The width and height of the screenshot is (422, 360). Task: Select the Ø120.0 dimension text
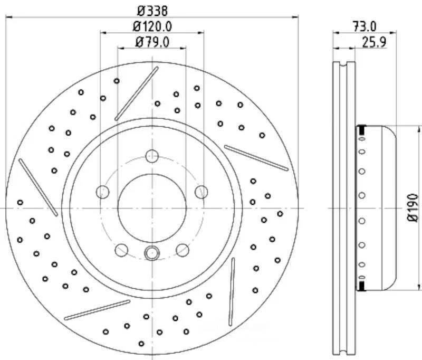pyautogui.click(x=152, y=25)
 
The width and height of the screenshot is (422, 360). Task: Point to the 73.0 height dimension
pyautogui.click(x=364, y=25)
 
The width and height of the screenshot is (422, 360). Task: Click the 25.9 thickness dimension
pyautogui.click(x=374, y=42)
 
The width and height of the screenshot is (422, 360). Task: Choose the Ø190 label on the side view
pyautogui.click(x=412, y=207)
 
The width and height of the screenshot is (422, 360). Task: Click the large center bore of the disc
pyautogui.click(x=151, y=207)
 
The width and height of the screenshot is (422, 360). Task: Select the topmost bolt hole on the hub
pyautogui.click(x=152, y=156)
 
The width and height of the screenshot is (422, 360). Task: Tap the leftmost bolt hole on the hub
pyautogui.click(x=103, y=192)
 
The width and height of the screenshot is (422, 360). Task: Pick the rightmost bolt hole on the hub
pyautogui.click(x=201, y=192)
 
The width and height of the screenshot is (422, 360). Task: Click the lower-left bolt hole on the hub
pyautogui.click(x=121, y=249)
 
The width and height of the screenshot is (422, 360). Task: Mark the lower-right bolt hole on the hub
pyautogui.click(x=183, y=249)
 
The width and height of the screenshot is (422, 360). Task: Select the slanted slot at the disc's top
pyautogui.click(x=137, y=93)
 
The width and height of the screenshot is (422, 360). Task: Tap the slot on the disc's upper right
pyautogui.click(x=256, y=157)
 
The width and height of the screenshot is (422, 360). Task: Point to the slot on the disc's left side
pyautogui.click(x=38, y=187)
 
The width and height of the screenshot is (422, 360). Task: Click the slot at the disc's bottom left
pyautogui.click(x=97, y=310)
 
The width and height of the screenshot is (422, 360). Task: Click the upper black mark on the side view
pyautogui.click(x=362, y=129)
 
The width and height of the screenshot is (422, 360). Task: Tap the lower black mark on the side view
pyautogui.click(x=362, y=286)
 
